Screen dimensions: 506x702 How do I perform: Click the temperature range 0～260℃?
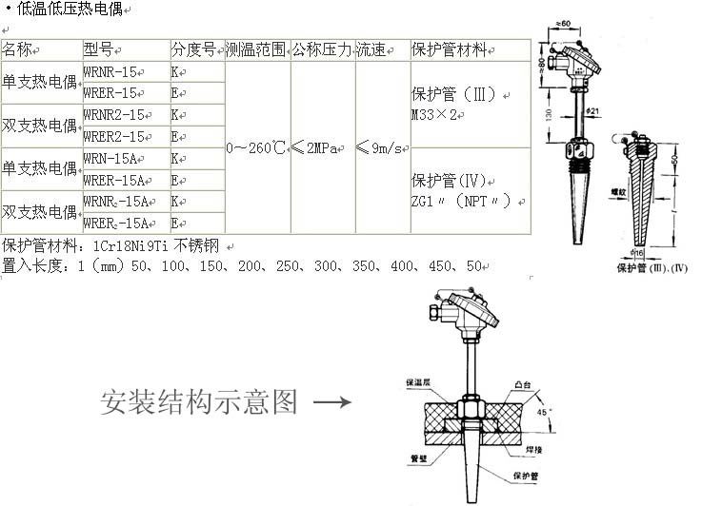pos(256,147)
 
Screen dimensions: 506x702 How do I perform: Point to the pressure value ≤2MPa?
pos(321,147)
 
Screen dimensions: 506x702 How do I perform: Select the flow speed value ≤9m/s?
pos(381,147)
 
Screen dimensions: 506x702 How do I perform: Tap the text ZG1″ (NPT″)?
pos(468,201)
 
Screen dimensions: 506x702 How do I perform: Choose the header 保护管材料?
pos(449,49)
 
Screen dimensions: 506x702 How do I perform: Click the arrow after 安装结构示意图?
pos(331,402)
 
